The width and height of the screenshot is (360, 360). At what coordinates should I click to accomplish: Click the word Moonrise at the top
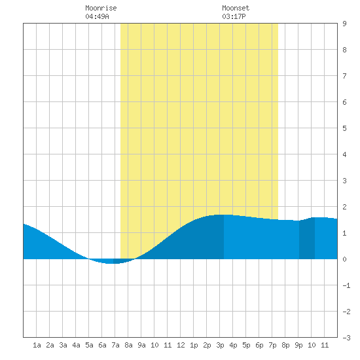(x=101, y=8)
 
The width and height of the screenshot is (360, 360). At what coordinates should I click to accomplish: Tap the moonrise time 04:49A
(x=97, y=16)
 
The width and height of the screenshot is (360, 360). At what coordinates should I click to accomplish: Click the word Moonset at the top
(x=236, y=8)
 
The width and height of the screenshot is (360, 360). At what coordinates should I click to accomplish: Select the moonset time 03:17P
(x=234, y=16)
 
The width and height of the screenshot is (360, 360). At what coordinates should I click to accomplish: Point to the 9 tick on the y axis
(x=344, y=24)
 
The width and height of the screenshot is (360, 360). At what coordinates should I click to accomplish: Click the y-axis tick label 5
(x=344, y=128)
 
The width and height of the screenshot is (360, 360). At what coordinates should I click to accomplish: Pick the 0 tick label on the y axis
(x=344, y=259)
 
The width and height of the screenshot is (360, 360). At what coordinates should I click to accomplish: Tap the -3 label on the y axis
(x=346, y=338)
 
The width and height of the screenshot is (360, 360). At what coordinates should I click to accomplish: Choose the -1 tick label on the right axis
(x=346, y=285)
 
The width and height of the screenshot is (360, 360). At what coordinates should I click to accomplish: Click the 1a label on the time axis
(x=37, y=345)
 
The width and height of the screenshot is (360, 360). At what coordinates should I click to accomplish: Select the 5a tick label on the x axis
(x=89, y=345)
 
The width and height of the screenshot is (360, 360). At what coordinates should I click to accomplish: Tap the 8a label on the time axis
(x=128, y=345)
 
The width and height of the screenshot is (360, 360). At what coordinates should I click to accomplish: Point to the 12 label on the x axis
(x=181, y=345)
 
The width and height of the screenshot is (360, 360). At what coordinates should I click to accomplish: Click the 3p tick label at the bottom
(x=220, y=345)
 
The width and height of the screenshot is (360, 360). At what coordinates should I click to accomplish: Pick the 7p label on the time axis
(x=272, y=345)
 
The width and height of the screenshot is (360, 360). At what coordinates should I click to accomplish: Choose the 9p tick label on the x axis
(x=298, y=345)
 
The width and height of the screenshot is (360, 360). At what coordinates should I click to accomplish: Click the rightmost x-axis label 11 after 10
(x=325, y=345)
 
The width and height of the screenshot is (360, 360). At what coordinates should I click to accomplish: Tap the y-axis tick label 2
(x=344, y=207)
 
